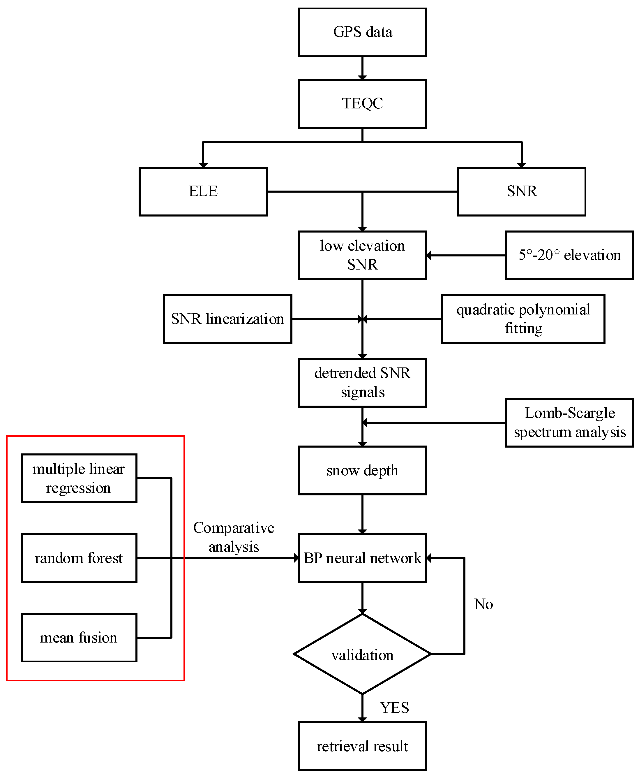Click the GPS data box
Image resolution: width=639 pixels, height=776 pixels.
(362, 32)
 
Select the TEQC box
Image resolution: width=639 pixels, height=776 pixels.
(362, 103)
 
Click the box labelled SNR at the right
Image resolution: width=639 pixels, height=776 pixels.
(521, 191)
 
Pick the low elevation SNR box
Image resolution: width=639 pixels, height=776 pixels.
(362, 255)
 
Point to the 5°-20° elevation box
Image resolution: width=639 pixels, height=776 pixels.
(569, 255)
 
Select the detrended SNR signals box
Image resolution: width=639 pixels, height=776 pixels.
(362, 382)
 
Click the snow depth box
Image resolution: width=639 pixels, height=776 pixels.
(362, 470)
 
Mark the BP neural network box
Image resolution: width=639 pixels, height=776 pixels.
(362, 558)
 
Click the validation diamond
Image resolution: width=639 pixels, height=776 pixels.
(362, 655)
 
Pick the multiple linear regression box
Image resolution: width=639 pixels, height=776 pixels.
(79, 478)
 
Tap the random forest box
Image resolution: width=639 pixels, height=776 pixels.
(79, 558)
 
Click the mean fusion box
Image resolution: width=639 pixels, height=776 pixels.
(79, 637)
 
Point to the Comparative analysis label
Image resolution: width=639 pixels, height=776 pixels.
(234, 537)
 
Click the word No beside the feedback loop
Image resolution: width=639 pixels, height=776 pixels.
(483, 604)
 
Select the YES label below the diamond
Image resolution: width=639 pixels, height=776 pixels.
(394, 708)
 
